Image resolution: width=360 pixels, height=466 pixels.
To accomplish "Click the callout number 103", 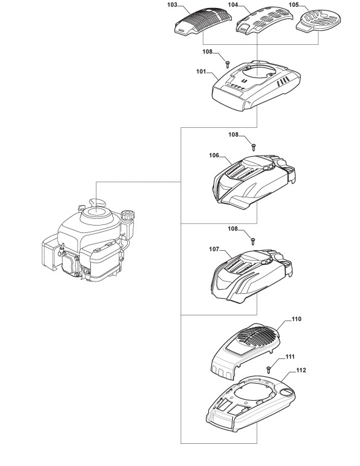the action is [x=172, y=5].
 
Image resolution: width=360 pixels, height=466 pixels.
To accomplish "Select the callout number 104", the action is [x=233, y=5].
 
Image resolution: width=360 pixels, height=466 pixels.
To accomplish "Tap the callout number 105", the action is [x=294, y=5].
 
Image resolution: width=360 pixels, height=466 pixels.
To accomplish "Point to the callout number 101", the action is [x=201, y=72].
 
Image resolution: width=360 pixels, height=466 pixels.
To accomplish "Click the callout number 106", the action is [x=214, y=155].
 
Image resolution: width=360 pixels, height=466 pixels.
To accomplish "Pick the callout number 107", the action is [x=214, y=249].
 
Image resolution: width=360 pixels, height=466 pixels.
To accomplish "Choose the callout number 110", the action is [x=296, y=319].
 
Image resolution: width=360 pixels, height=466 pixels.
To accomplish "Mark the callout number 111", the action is [x=290, y=357].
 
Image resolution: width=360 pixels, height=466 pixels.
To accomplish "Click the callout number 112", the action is [x=301, y=370].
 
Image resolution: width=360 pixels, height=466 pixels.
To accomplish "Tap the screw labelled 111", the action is [x=268, y=369].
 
